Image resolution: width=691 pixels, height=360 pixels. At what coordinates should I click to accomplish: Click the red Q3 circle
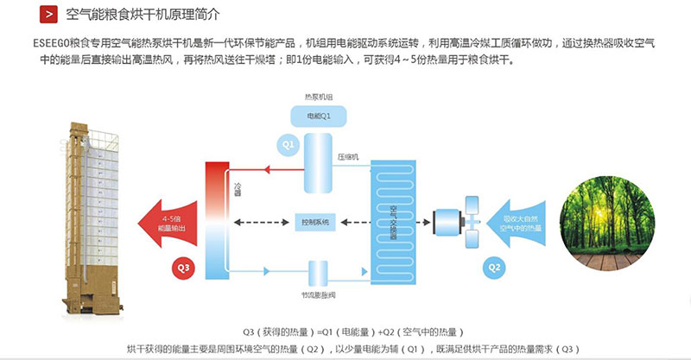[x=185, y=267]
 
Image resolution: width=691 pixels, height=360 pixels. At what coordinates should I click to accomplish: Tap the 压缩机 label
[x=349, y=156]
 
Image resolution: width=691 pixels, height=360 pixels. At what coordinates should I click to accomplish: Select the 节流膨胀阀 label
[x=319, y=294]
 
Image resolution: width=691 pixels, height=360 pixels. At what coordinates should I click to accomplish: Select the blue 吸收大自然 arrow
[x=516, y=224]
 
